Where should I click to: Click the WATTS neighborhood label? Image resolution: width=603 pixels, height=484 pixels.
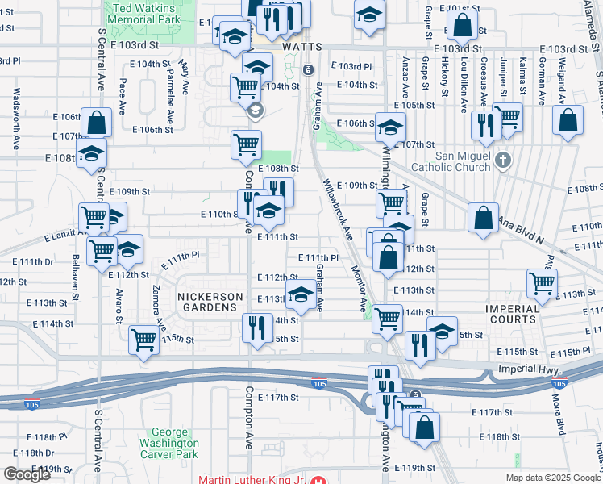301,48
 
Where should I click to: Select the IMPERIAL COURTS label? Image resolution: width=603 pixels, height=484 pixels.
513,314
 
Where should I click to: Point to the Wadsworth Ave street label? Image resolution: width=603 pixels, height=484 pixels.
16,119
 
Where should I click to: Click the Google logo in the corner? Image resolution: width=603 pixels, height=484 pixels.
27,474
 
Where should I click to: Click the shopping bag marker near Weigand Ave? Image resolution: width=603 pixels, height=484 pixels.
568,121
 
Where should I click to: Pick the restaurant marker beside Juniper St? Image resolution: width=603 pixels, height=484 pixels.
485,123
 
